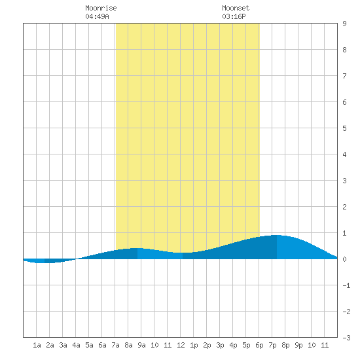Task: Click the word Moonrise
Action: [101, 8]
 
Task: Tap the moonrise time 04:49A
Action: [97, 16]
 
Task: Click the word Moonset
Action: [236, 8]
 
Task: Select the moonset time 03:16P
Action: [234, 16]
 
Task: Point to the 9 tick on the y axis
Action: [344, 24]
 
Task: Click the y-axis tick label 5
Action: [344, 128]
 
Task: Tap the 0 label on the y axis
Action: [344, 259]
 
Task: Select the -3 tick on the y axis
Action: [346, 338]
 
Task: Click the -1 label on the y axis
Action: [346, 285]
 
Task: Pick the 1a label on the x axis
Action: [37, 345]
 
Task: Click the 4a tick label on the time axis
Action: [76, 345]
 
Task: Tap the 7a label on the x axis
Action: [115, 345]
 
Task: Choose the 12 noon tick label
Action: [181, 345]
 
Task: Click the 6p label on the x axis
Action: [259, 345]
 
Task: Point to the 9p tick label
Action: [298, 345]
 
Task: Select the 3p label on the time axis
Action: [220, 345]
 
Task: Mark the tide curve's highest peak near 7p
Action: [278, 235]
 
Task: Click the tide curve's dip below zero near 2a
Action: [44, 263]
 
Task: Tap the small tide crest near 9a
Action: [136, 248]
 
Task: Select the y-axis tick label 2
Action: [344, 207]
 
